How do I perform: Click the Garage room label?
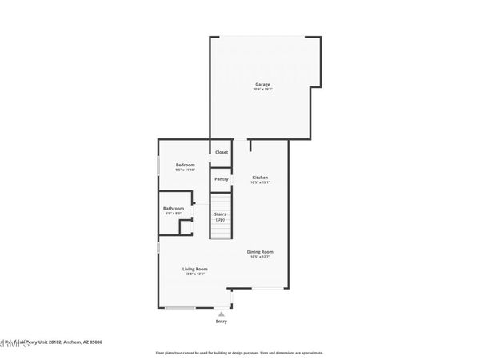(262, 84)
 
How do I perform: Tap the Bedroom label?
(186, 165)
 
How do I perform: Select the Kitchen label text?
(260, 177)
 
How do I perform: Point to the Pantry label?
(221, 179)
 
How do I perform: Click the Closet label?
(221, 152)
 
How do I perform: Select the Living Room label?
(195, 269)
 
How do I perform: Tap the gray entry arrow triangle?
(222, 314)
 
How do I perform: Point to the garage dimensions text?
(262, 90)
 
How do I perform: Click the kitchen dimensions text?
(260, 182)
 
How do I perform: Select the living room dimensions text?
(195, 274)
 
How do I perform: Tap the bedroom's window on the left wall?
(158, 166)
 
